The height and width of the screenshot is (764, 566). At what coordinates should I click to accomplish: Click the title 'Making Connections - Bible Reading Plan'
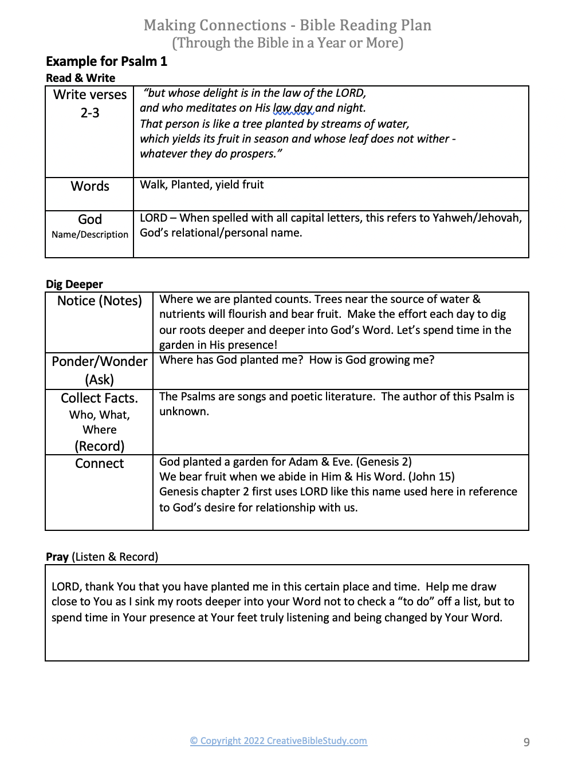[287, 25]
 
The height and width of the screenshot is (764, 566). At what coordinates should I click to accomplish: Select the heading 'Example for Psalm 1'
[107, 61]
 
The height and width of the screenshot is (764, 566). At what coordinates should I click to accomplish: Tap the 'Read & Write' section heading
[80, 78]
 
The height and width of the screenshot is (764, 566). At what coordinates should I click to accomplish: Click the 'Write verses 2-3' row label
[90, 104]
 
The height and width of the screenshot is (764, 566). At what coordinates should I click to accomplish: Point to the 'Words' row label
[90, 186]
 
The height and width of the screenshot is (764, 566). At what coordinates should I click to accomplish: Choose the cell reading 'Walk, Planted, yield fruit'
[202, 184]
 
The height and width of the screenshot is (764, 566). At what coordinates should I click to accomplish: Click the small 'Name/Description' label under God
[90, 234]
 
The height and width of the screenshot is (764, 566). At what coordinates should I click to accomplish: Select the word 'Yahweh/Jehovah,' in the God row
[477, 218]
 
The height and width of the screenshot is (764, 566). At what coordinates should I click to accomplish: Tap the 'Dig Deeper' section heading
[74, 284]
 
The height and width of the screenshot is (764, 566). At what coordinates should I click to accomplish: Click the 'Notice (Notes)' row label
[99, 301]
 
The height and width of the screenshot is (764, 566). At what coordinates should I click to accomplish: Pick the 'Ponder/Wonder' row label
[99, 361]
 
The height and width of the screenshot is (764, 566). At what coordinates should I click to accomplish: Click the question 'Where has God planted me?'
[231, 360]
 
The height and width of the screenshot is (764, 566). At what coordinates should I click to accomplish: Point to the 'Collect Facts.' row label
[99, 398]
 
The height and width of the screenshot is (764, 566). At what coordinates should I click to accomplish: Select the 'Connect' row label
[99, 463]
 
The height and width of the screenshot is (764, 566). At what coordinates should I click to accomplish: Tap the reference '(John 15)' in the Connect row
[431, 476]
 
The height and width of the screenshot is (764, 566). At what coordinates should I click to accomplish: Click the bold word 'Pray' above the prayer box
[57, 557]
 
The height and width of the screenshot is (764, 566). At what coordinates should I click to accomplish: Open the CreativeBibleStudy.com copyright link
[278, 741]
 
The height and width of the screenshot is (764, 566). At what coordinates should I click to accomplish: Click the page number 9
[526, 742]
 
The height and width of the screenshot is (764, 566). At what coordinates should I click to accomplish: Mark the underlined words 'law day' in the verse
[293, 108]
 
